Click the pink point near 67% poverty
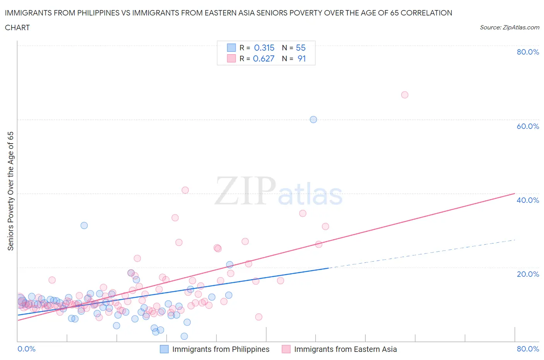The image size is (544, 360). click(x=405, y=95)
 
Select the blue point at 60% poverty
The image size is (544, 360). click(x=313, y=120)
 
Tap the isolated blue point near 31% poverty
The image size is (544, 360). click(x=84, y=225)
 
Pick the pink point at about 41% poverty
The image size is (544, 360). click(x=185, y=190)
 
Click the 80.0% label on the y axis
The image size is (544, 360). click(x=528, y=52)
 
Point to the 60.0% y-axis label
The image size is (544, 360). click(x=528, y=126)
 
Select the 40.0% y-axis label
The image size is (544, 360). click(x=528, y=200)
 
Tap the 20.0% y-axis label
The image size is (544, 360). click(x=528, y=274)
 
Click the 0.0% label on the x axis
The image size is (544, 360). click(x=26, y=349)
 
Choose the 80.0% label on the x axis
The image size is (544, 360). click(x=528, y=349)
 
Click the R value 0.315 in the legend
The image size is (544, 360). click(x=264, y=48)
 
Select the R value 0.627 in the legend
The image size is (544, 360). click(x=263, y=58)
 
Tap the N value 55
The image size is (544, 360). click(x=301, y=48)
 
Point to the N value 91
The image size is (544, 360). click(x=301, y=58)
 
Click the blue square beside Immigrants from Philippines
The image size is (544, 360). click(x=164, y=349)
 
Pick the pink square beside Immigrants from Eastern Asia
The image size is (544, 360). click(x=286, y=349)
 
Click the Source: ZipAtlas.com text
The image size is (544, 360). click(x=510, y=27)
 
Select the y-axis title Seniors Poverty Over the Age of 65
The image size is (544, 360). click(x=11, y=191)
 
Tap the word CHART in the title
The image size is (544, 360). click(x=17, y=27)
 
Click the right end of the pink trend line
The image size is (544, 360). click(x=515, y=193)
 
